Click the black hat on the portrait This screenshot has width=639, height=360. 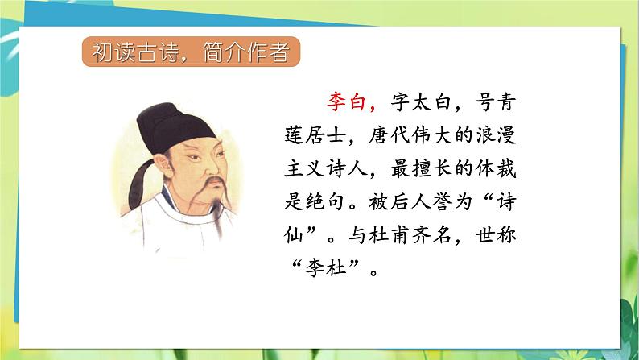(173, 128)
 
